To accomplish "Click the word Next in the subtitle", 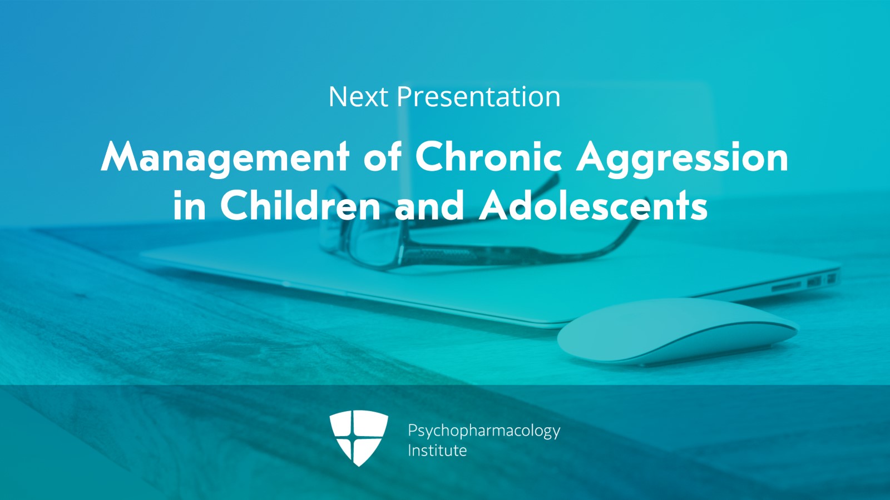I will click(x=358, y=97).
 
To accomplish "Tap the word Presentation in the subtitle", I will click(x=478, y=98).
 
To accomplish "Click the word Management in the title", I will click(x=225, y=157).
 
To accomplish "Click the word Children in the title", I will click(x=300, y=205).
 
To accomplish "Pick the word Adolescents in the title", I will click(x=594, y=205).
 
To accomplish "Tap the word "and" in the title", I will click(x=429, y=205).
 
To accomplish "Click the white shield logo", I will click(x=358, y=437).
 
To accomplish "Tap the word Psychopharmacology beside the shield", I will click(x=483, y=431).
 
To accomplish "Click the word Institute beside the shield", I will click(x=437, y=451).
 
